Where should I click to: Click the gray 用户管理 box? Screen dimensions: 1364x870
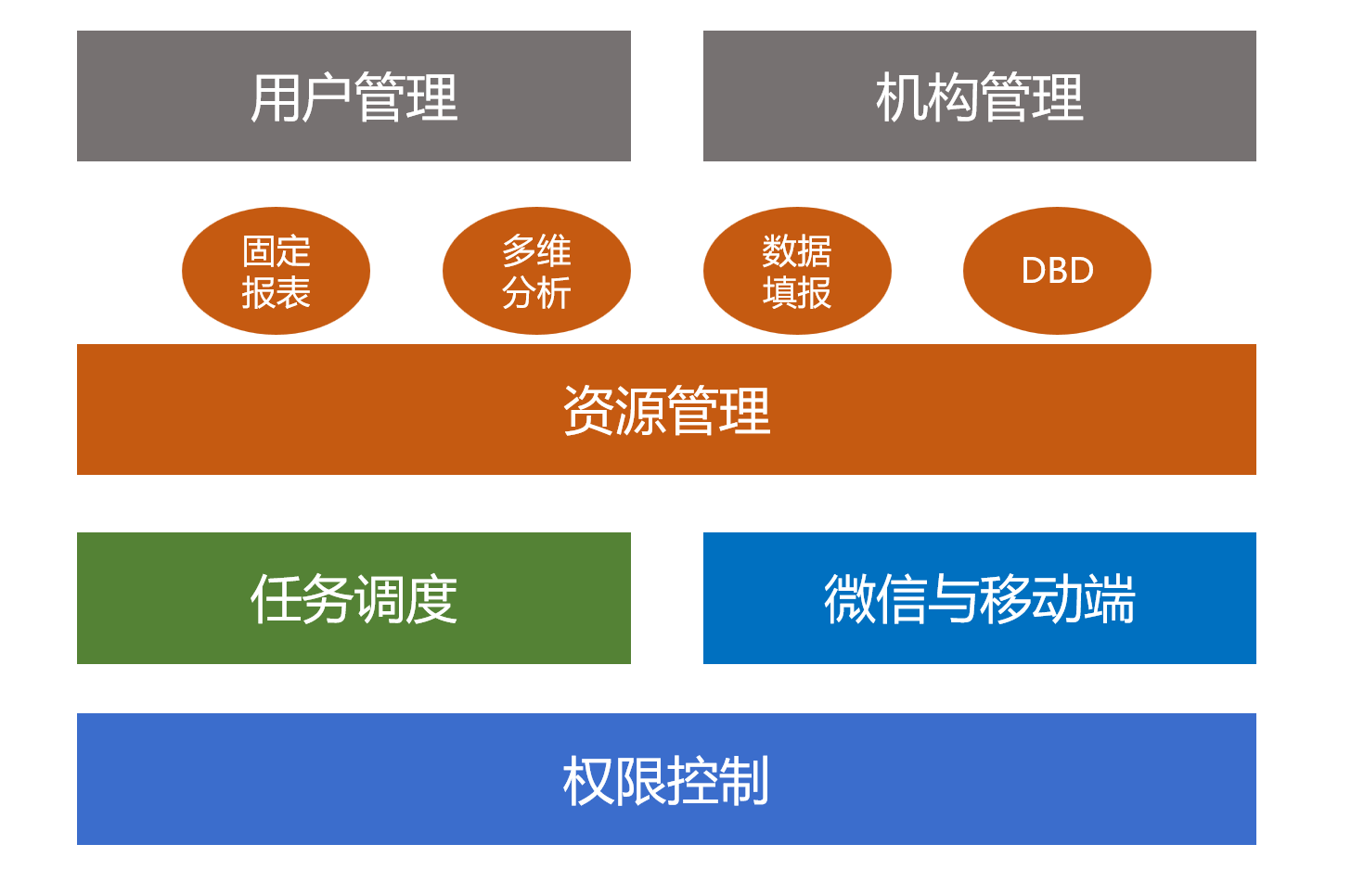[x=354, y=96]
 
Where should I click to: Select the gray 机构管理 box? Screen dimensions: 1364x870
[x=979, y=96]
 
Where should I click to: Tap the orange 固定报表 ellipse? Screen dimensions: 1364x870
[x=276, y=271]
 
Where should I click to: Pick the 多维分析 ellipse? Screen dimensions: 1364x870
[x=536, y=271]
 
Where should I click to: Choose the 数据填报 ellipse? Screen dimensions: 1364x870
[x=797, y=271]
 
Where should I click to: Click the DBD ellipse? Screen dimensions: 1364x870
[x=1057, y=271]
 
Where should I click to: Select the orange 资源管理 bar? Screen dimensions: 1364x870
[x=667, y=409]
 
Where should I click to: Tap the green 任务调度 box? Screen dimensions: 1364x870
[x=354, y=598]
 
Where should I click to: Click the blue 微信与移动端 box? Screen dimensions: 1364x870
[x=979, y=598]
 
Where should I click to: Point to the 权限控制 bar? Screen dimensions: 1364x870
[x=667, y=779]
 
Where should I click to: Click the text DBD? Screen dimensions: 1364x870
[x=1058, y=271]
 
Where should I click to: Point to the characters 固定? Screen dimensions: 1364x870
[x=277, y=250]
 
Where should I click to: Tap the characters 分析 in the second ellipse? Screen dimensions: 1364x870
[x=536, y=293]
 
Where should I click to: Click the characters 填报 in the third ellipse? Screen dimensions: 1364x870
[x=797, y=293]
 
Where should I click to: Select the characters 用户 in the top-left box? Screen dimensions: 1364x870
[x=302, y=97]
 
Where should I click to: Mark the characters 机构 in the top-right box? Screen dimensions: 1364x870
[x=927, y=97]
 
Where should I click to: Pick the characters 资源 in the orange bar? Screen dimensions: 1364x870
[x=615, y=410]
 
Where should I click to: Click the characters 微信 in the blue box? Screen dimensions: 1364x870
[x=875, y=599]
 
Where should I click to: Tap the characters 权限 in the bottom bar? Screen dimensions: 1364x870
[x=615, y=781]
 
